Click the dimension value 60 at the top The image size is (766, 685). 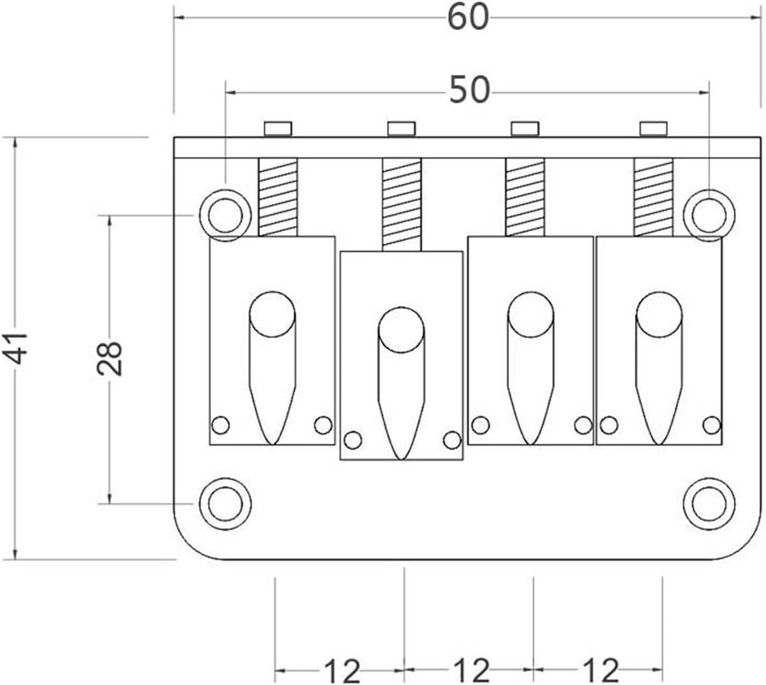[x=468, y=18]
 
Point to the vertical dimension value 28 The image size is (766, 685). [x=109, y=359]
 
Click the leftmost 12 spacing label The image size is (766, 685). [x=342, y=670]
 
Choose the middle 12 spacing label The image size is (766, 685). [x=471, y=670]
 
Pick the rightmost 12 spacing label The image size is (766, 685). [x=600, y=670]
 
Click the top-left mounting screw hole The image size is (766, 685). [x=225, y=215]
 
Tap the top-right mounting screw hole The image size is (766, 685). [x=709, y=215]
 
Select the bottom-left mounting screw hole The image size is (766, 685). [x=225, y=504]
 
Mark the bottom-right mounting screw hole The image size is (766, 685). [x=709, y=504]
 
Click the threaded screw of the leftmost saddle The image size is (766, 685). [x=278, y=197]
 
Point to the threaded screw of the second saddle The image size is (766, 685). [x=401, y=205]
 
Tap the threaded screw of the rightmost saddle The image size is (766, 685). [x=654, y=197]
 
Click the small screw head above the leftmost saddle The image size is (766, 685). [x=278, y=128]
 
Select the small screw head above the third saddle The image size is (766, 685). [x=525, y=128]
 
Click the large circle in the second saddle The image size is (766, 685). [x=401, y=330]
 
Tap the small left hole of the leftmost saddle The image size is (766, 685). [x=220, y=425]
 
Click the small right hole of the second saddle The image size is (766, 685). [x=452, y=440]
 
